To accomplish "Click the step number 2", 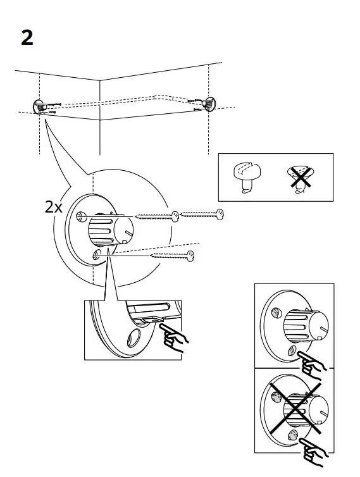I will tap(27, 38).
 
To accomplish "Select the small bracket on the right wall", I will tap(208, 102).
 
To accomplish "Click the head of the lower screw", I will tap(189, 255).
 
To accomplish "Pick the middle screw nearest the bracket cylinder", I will tap(155, 216).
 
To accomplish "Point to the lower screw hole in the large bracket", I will tap(96, 254).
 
